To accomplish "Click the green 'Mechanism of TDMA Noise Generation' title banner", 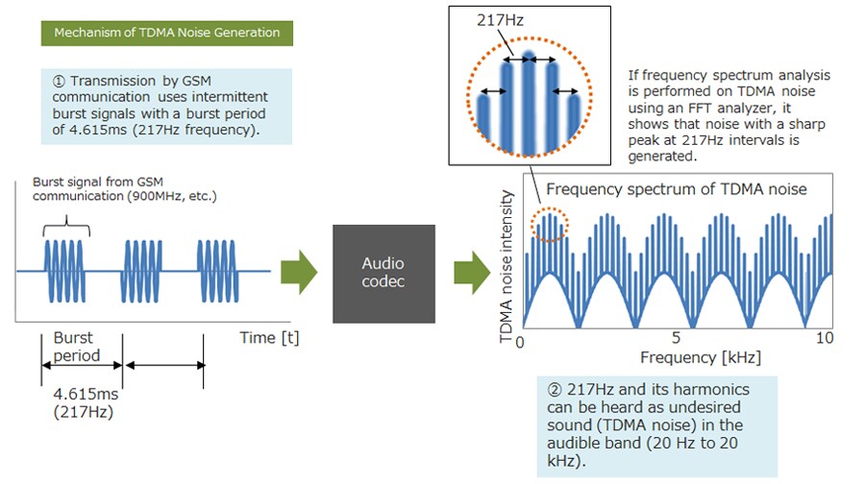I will (x=166, y=33).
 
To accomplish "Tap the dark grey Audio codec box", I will (x=383, y=273).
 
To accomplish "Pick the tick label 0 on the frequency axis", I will (x=519, y=341).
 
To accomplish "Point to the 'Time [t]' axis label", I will (x=268, y=339).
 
